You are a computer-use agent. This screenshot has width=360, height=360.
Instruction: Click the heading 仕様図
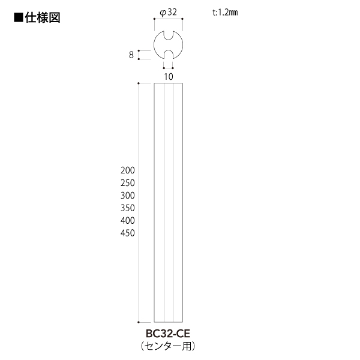[43, 17]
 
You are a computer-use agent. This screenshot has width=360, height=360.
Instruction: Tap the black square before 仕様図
[19, 17]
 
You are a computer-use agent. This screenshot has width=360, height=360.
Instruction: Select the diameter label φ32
[168, 13]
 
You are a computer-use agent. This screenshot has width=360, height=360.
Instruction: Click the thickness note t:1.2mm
[225, 12]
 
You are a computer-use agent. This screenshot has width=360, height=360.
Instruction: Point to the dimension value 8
[131, 55]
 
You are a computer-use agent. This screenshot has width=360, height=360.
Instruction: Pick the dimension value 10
[169, 76]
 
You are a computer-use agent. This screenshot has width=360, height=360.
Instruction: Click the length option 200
[128, 170]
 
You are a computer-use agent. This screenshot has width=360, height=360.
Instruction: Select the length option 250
[128, 183]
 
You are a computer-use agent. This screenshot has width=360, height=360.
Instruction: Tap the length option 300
[128, 196]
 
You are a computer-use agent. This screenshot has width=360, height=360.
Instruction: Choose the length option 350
[128, 208]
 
